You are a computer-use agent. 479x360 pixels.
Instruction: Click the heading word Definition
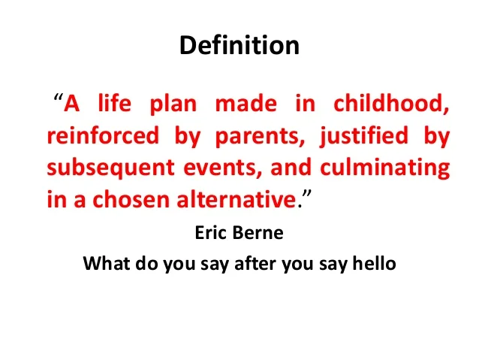coord(239,46)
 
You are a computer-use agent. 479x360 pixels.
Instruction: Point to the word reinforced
coord(102,137)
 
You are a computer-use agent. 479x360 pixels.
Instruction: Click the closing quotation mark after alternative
coord(305,196)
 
